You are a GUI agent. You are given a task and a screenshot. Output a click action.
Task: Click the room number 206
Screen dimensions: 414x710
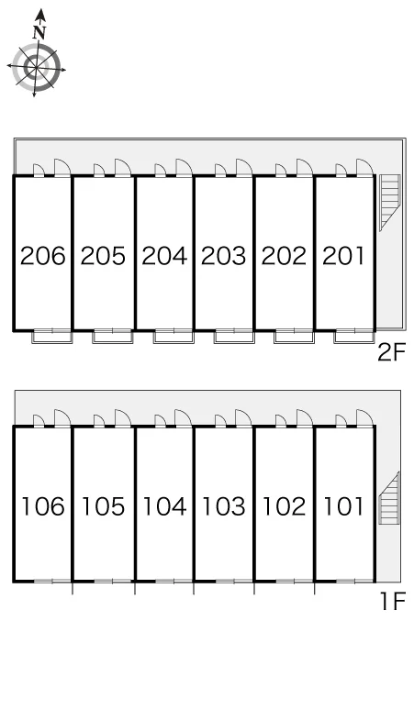coord(43,256)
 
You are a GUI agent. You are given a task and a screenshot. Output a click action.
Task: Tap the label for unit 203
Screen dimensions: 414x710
coord(223,256)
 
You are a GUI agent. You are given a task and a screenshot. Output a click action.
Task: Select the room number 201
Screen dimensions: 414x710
coord(343,256)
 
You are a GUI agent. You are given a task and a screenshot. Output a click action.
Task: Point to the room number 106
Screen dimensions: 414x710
coord(43,506)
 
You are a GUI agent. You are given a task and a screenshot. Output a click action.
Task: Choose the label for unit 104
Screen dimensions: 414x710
coord(164,506)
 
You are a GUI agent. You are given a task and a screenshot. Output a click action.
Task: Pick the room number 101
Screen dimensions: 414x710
coord(343,506)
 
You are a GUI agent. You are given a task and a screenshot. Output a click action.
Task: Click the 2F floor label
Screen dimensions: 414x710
coord(391,352)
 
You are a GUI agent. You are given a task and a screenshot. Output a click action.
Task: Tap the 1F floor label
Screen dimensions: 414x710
coord(392,602)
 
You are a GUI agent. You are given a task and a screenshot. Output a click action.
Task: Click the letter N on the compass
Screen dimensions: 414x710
coord(39,32)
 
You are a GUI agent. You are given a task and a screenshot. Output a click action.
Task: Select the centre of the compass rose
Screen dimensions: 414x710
coord(36,68)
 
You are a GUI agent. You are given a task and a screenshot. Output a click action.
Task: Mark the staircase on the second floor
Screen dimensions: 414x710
coord(389,203)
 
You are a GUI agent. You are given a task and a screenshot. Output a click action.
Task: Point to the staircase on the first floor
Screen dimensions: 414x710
coord(388,498)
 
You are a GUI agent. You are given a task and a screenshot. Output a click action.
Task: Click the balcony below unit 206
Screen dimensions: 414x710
coord(51,337)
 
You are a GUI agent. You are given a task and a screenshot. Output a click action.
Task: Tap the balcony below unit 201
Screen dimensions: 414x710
coord(353,337)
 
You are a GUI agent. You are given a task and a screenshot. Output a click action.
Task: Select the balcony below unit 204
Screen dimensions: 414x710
coord(173,337)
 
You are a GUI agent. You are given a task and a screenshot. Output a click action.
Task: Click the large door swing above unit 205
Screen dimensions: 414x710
coord(122,167)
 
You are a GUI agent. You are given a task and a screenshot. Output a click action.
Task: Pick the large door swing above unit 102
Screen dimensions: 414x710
coord(305,417)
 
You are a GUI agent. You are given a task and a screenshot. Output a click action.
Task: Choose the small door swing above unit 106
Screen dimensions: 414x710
coord(39,421)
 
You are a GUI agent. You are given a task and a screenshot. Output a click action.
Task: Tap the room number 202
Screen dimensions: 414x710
coord(284,256)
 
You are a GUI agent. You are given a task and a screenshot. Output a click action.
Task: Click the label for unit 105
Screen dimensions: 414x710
coord(103,506)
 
